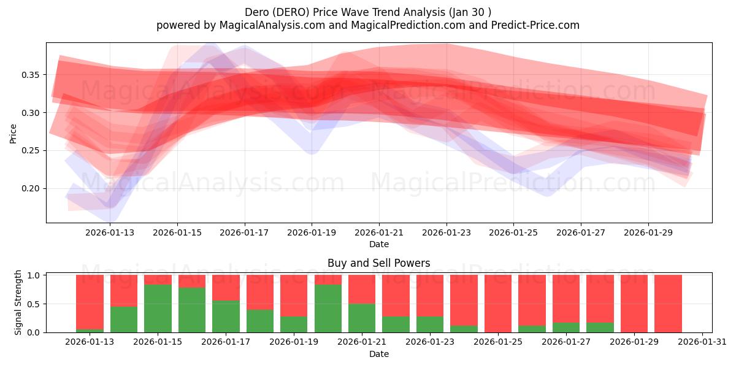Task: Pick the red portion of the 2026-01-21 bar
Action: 362,289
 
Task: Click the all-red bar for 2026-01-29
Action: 634,304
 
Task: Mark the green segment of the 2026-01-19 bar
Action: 294,324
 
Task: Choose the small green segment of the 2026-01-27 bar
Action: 566,328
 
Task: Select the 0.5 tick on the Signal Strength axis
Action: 34,304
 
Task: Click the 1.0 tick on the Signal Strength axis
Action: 34,275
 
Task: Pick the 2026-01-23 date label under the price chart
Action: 447,232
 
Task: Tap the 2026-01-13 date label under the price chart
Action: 110,232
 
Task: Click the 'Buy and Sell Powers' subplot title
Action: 378,263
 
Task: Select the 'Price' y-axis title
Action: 13,133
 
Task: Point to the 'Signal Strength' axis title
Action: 18,302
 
